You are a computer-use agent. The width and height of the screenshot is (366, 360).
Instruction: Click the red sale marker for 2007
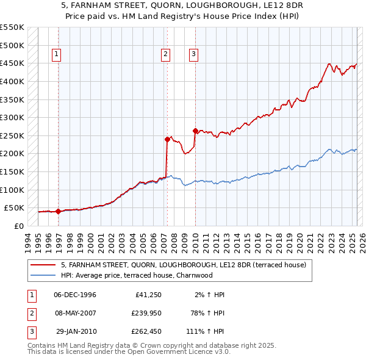167,139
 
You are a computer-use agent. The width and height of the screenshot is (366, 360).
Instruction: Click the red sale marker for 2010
195,131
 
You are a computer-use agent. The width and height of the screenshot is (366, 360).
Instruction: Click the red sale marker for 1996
58,212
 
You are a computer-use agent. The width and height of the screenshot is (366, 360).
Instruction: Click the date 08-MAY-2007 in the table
75,313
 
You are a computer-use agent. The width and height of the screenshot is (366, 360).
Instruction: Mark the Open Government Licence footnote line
129,352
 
